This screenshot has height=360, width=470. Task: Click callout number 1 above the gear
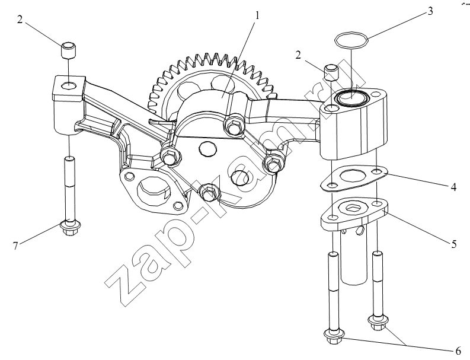(x=257, y=15)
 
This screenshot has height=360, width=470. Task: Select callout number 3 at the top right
(x=430, y=11)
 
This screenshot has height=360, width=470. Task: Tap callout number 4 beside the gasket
(x=453, y=187)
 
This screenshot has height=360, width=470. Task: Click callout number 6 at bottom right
(x=458, y=351)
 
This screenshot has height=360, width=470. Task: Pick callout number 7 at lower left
(x=16, y=246)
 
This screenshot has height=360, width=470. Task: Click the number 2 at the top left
(x=20, y=20)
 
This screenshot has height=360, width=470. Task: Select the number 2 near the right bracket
(x=298, y=55)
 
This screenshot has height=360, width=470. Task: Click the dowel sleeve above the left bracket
(x=69, y=50)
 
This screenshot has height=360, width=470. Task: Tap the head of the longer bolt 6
(x=334, y=337)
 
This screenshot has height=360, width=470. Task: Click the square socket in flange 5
(x=351, y=207)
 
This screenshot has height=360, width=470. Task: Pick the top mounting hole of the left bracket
(x=69, y=85)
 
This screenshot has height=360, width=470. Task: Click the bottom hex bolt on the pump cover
(x=209, y=192)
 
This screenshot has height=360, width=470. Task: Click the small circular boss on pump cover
(x=207, y=149)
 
